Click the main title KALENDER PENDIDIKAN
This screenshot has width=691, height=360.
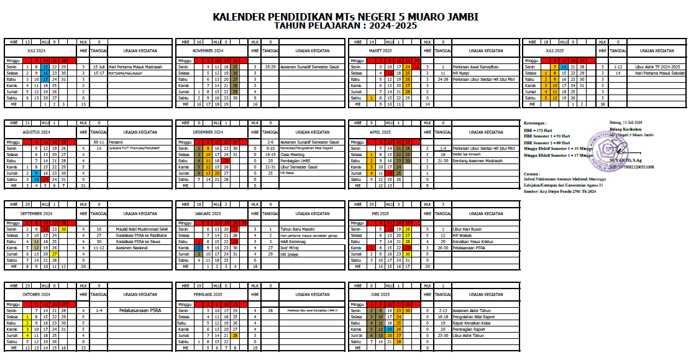(x=345, y=17)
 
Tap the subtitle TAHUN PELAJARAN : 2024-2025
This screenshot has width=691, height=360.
(x=345, y=27)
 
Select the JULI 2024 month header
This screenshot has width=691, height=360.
(x=36, y=50)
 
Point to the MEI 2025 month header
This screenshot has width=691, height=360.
(x=380, y=213)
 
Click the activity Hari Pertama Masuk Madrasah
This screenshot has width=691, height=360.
(x=135, y=67)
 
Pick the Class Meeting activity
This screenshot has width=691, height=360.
(x=293, y=155)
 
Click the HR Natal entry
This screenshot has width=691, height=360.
(x=287, y=173)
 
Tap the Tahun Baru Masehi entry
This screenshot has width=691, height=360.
(x=295, y=229)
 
